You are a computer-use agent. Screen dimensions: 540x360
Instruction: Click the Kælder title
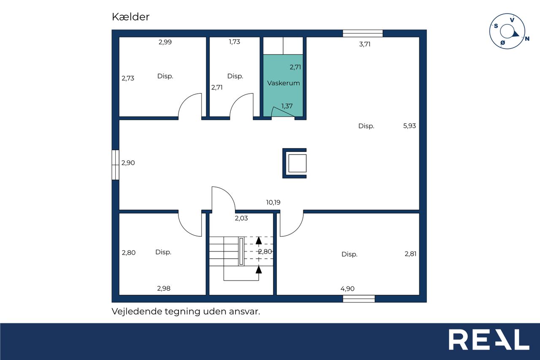[131, 17]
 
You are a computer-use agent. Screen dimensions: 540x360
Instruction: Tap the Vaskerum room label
[283, 83]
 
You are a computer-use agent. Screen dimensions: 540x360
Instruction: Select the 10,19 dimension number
[273, 202]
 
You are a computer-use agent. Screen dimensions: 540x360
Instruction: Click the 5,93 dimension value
[410, 126]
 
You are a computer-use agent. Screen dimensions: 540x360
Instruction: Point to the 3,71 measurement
[365, 44]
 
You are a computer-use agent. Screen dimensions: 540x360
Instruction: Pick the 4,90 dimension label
[347, 288]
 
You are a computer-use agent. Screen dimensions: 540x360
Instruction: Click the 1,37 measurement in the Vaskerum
[287, 106]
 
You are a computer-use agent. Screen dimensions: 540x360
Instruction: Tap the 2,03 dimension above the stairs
[241, 218]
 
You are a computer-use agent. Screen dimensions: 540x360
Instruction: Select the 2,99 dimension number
[165, 42]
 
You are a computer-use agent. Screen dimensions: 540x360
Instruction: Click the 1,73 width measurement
[234, 42]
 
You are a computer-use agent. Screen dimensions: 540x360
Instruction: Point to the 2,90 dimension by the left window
[128, 163]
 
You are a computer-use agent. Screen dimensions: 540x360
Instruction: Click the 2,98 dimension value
[164, 288]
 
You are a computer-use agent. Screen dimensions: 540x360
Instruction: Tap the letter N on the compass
[527, 38]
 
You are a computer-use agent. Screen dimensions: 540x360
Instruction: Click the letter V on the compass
[512, 20]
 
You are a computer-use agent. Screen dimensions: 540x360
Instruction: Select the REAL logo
[489, 339]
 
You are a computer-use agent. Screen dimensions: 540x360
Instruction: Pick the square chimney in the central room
[294, 163]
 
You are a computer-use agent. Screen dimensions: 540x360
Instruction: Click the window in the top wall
[363, 33]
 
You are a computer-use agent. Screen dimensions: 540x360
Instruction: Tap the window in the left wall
[116, 165]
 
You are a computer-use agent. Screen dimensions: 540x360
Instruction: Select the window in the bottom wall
[359, 299]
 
